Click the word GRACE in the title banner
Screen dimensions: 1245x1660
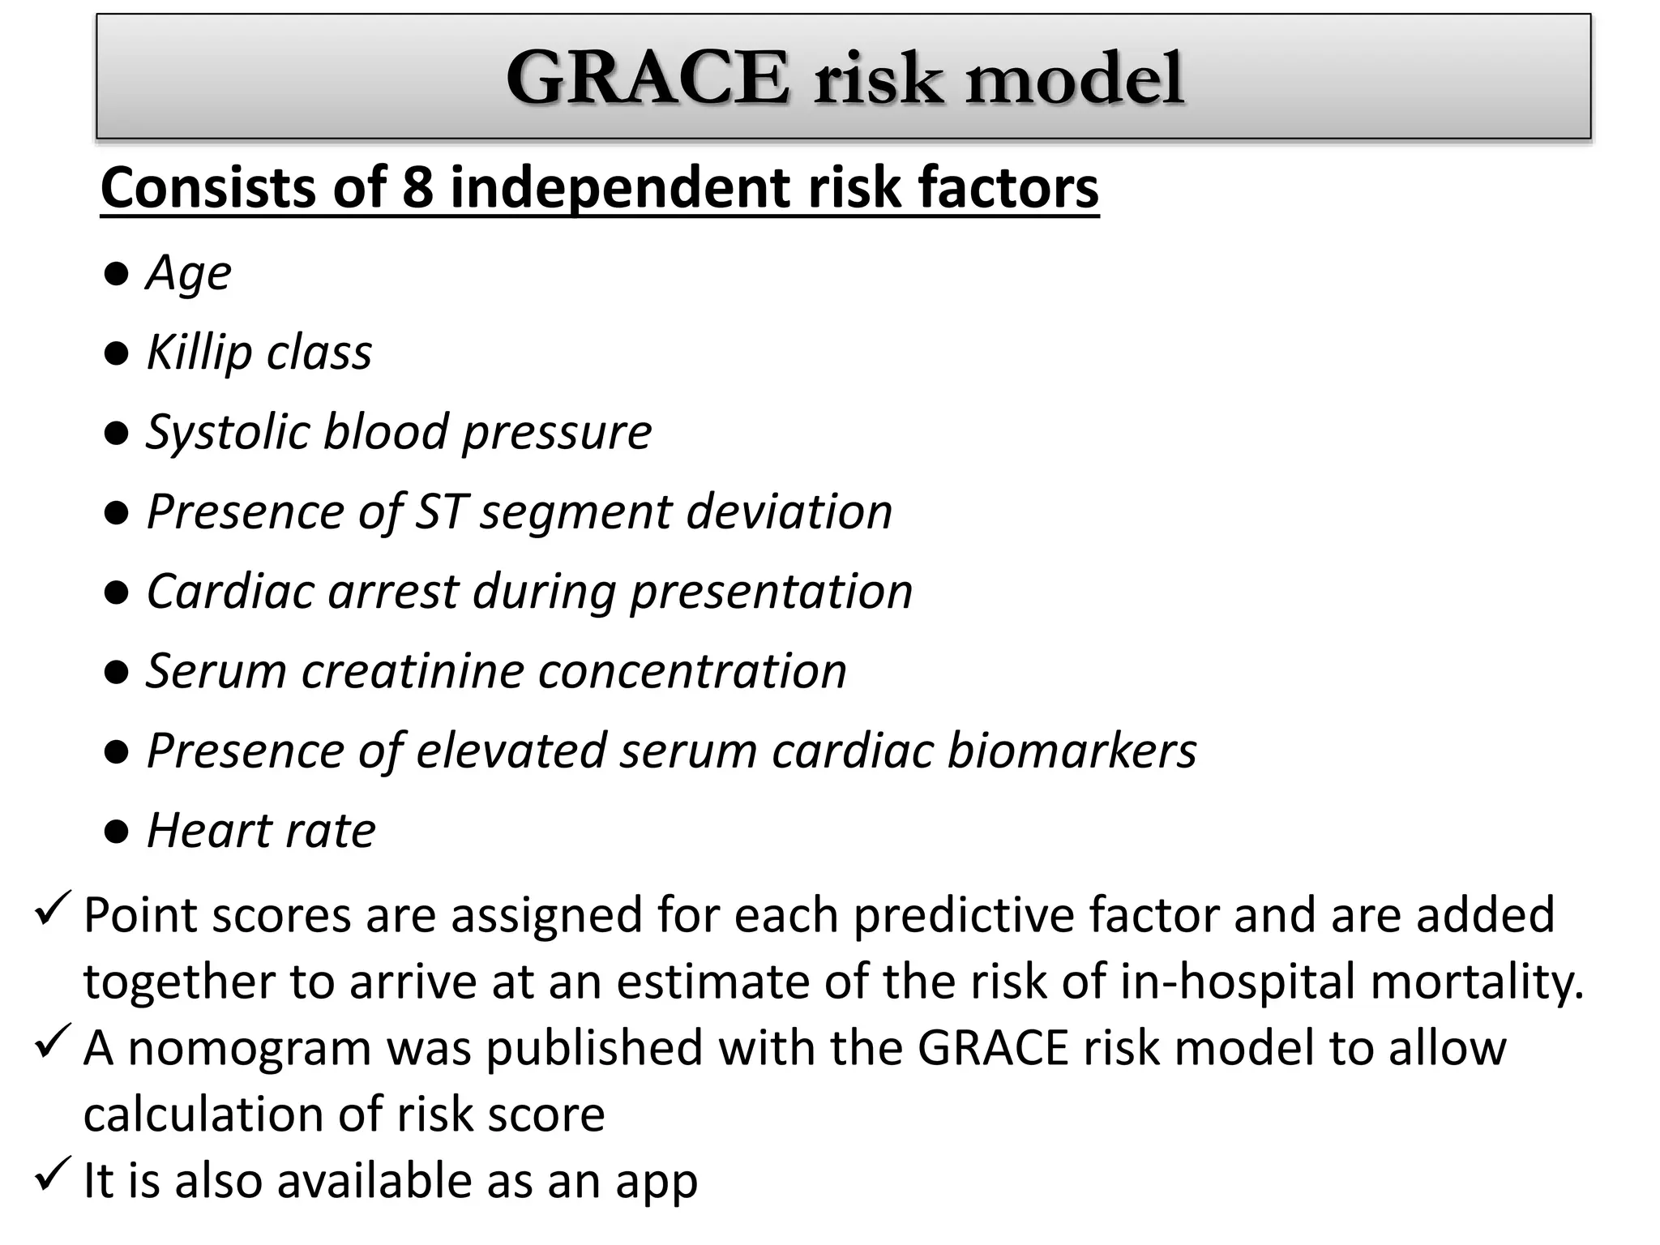[647, 79]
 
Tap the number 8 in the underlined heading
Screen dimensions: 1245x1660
[417, 188]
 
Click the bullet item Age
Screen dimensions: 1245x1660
[188, 273]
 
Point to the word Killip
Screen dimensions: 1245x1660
[199, 353]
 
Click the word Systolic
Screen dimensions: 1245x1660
[227, 432]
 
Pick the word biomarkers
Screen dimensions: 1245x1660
[1072, 751]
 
